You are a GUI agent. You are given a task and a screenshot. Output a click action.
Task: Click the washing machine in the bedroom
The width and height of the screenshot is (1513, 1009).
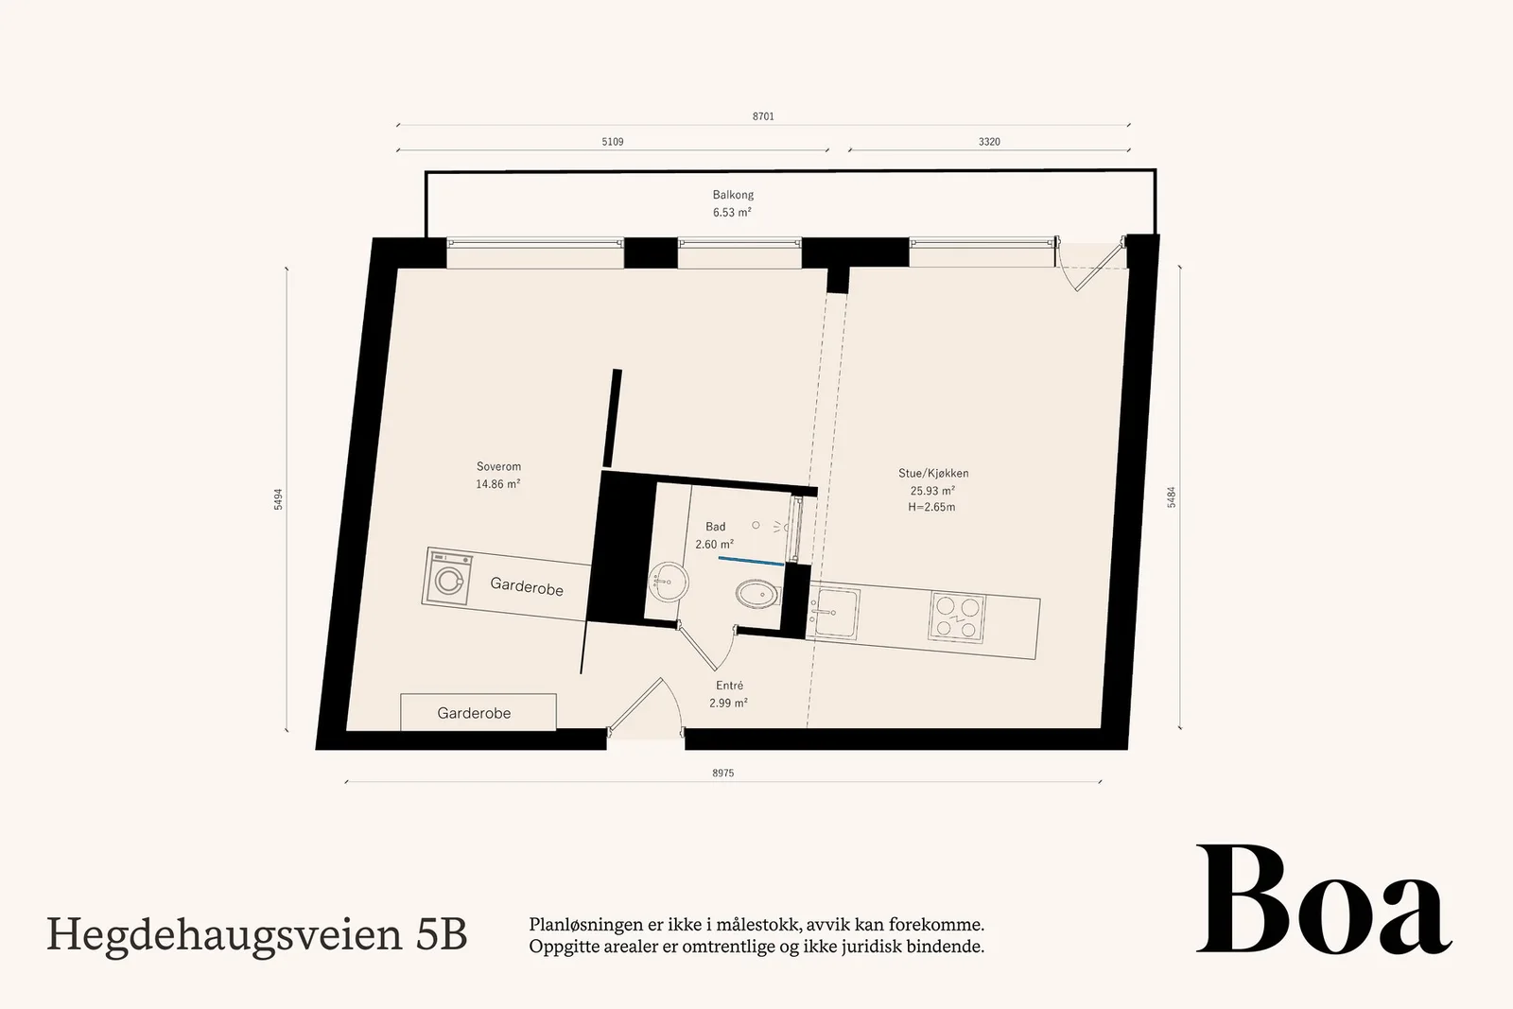(447, 577)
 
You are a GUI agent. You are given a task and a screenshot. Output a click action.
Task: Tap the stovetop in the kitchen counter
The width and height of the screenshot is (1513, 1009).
(957, 617)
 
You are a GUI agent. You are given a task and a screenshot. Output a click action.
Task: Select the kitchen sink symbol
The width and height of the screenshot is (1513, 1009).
(836, 613)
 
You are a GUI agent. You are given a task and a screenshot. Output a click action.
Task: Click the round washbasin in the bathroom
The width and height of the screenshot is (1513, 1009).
(669, 582)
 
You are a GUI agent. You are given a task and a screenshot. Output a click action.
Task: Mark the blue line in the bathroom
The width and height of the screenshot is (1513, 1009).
(751, 561)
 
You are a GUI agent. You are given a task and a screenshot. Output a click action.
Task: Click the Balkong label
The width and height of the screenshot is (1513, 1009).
(733, 195)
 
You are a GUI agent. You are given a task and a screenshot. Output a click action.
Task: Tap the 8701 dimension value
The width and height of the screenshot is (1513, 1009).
(763, 116)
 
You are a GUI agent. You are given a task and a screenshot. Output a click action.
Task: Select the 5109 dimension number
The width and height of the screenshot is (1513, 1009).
(613, 142)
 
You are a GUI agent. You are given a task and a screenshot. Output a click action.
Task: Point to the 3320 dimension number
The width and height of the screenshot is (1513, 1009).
(989, 142)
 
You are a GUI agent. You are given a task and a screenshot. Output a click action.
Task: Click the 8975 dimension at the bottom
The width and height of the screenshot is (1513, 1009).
(722, 773)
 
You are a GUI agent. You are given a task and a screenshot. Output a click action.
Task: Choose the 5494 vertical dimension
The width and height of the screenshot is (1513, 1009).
(278, 499)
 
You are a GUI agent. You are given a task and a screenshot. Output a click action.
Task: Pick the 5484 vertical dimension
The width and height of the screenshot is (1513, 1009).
(1172, 497)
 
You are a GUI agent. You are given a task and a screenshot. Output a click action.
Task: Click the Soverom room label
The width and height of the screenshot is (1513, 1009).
(498, 467)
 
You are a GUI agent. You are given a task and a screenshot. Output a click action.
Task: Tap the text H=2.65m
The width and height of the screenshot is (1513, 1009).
(931, 507)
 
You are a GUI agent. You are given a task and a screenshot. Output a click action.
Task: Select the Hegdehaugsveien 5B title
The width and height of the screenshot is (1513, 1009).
(256, 934)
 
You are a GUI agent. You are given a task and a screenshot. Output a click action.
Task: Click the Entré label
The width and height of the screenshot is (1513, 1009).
(729, 686)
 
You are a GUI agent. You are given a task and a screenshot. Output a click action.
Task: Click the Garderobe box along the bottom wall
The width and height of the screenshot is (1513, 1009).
(478, 712)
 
